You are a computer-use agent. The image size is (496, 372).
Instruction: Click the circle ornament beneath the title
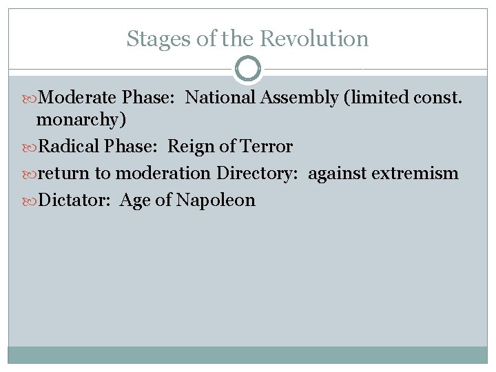(x=248, y=69)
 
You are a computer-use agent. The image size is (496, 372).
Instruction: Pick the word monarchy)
(x=81, y=120)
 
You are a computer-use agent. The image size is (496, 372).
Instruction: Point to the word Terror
(x=265, y=147)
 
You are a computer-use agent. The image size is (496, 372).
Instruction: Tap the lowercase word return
(x=64, y=174)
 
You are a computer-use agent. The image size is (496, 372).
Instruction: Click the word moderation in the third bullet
(x=163, y=174)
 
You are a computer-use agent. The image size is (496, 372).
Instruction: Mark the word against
(x=338, y=174)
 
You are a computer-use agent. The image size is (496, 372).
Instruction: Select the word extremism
(x=415, y=174)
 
